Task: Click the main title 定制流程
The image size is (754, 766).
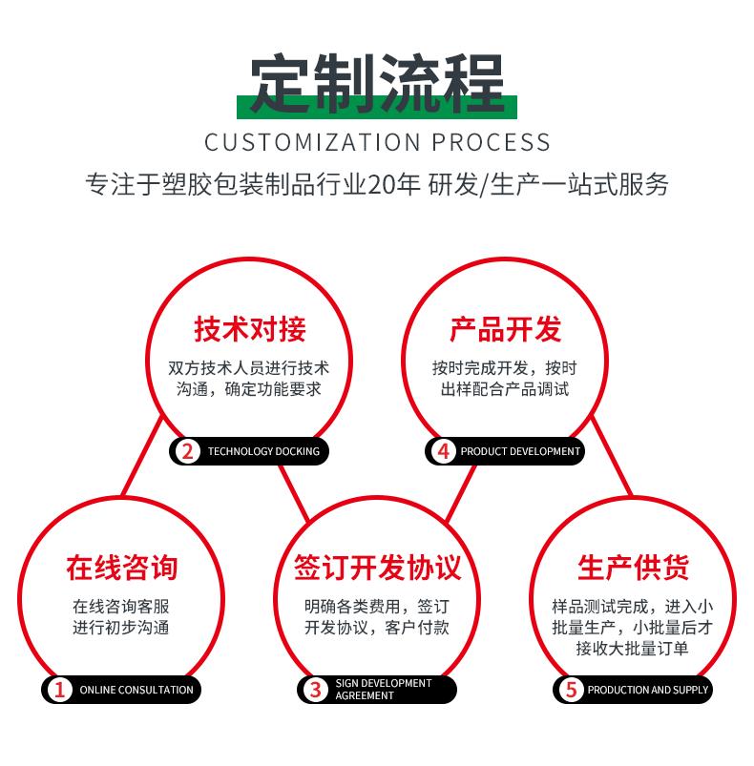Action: click(377, 83)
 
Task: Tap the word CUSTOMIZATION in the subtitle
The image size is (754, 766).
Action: click(312, 143)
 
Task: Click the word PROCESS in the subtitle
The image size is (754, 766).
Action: click(492, 143)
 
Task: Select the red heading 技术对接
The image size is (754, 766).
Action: click(250, 329)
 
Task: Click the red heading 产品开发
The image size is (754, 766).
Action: click(505, 329)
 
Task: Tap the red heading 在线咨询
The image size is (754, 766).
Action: click(121, 568)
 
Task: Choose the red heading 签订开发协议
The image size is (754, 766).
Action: click(377, 568)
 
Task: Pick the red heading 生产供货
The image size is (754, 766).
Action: click(633, 568)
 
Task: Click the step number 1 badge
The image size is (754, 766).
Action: click(59, 690)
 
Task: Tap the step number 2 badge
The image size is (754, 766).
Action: click(188, 451)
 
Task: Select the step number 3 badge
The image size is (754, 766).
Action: click(316, 690)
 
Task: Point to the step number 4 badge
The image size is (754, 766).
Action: click(444, 451)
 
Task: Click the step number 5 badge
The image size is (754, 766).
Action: click(572, 690)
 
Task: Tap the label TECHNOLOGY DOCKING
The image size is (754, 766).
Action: click(263, 451)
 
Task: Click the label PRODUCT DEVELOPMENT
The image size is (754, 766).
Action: click(520, 451)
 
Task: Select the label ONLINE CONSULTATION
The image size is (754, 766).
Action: click(136, 690)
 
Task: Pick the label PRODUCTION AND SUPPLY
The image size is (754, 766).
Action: click(647, 690)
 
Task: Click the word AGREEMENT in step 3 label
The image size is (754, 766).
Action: click(365, 695)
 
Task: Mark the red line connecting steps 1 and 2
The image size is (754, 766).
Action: click(141, 456)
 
